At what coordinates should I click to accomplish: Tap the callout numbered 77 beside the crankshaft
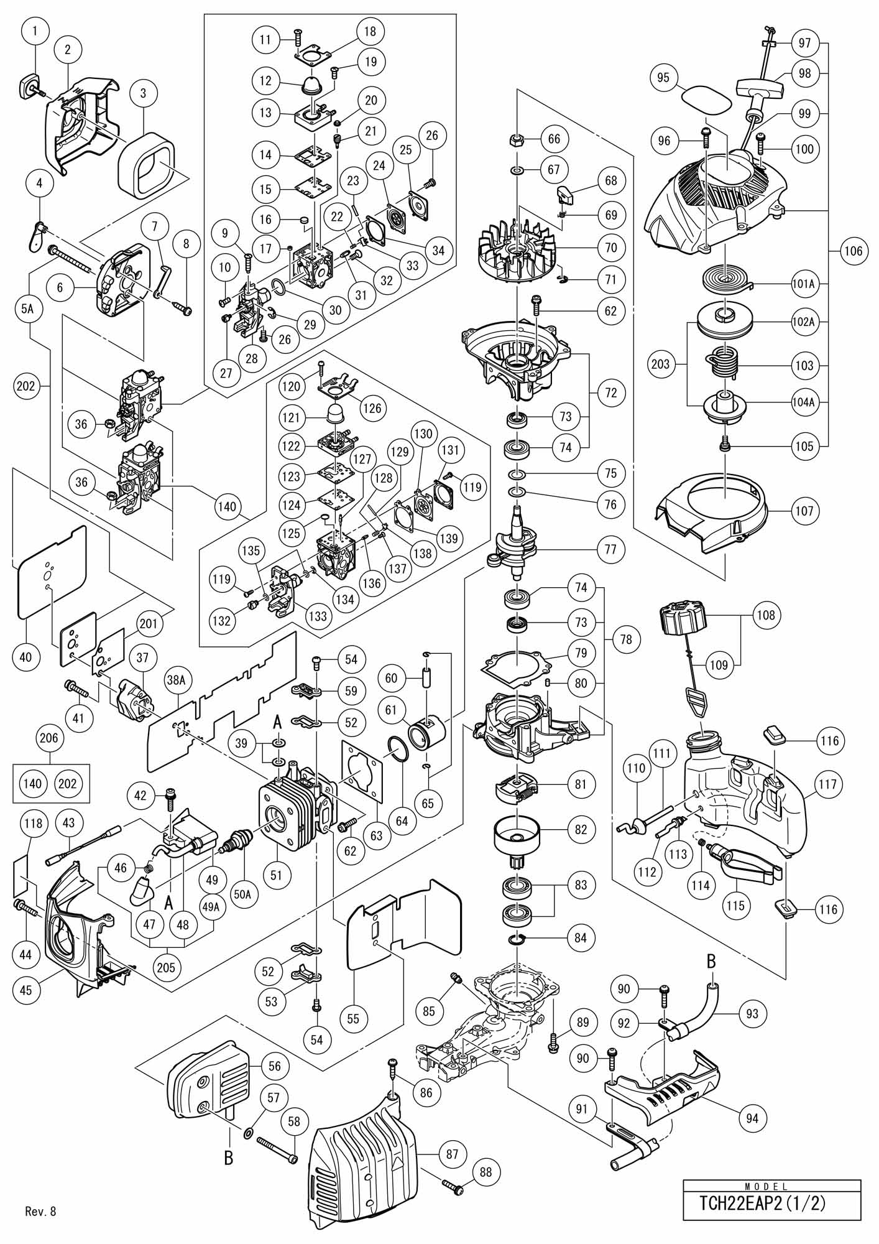point(610,549)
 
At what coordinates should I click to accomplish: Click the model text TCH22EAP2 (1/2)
point(771,1204)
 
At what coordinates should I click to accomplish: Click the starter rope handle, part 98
point(759,88)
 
